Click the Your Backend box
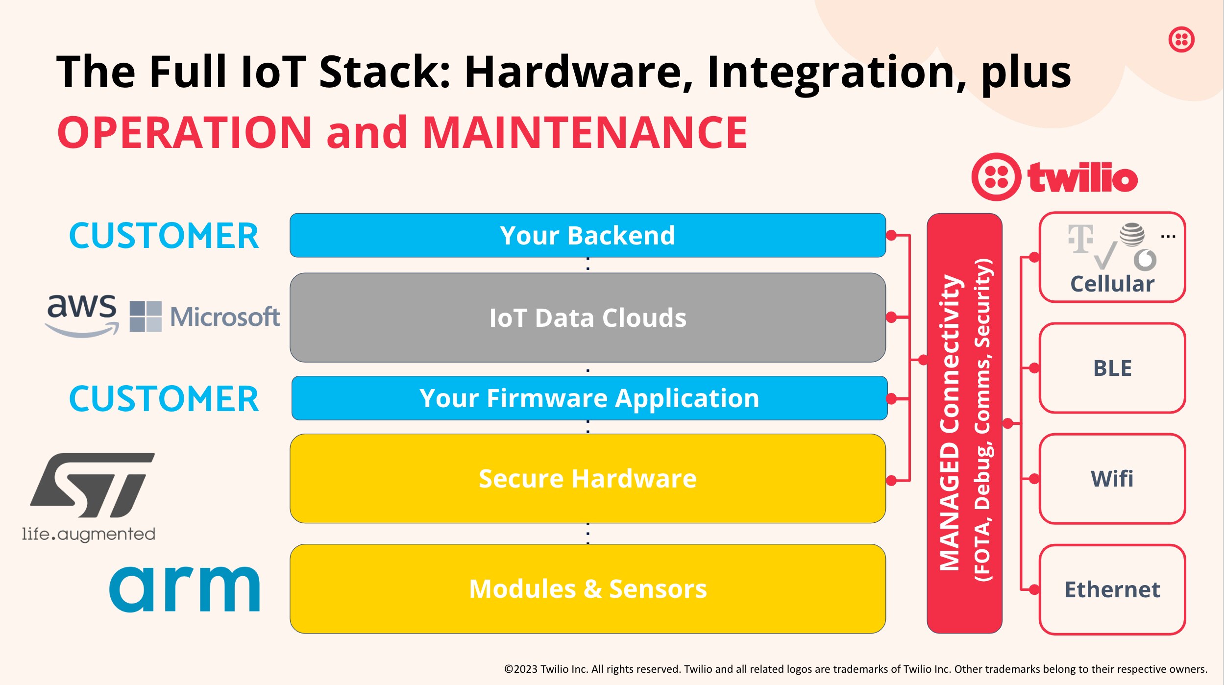[x=587, y=235]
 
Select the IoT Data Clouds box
[x=587, y=318]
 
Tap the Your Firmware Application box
[x=589, y=398]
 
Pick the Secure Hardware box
[x=587, y=478]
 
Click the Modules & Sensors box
[x=587, y=588]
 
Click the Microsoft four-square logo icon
[x=146, y=317]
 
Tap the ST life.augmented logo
[x=91, y=495]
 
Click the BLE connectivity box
[x=1112, y=368]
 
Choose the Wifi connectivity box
[x=1112, y=479]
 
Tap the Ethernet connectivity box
[x=1112, y=589]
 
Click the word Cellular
[x=1112, y=284]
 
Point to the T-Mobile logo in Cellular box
[x=1080, y=239]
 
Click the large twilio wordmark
[x=1082, y=177]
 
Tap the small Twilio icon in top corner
[x=1181, y=39]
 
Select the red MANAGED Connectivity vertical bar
[x=964, y=423]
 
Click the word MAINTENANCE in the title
[x=585, y=133]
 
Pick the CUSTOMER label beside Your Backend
[x=164, y=236]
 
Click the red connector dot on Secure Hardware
[x=891, y=481]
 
